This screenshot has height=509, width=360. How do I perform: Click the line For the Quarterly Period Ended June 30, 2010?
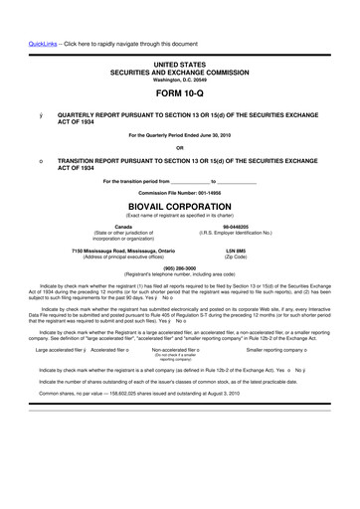(x=179, y=135)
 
